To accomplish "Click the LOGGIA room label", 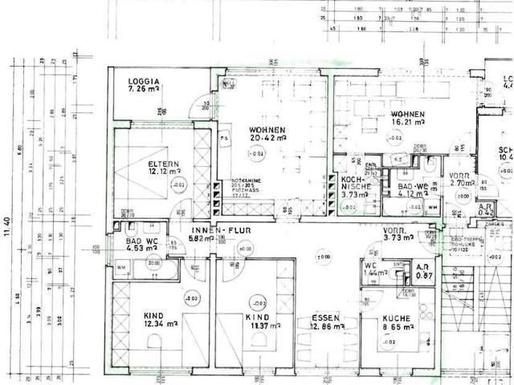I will [144, 80].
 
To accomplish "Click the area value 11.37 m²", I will [259, 326].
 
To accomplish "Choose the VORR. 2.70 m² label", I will [463, 179].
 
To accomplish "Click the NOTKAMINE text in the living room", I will [245, 180].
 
